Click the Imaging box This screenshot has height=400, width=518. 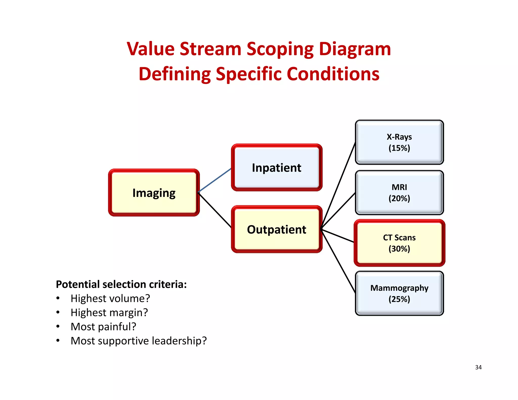pyautogui.click(x=154, y=193)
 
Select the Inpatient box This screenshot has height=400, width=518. pyautogui.click(x=276, y=168)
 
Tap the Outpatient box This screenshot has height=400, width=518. pyautogui.click(x=276, y=229)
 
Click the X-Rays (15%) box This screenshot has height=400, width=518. pyautogui.click(x=399, y=142)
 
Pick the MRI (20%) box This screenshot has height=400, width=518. pyautogui.click(x=399, y=193)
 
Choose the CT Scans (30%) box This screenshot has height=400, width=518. pyautogui.click(x=399, y=243)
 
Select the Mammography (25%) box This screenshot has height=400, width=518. pyautogui.click(x=399, y=293)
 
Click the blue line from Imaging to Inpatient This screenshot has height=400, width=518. pyautogui.click(x=215, y=180)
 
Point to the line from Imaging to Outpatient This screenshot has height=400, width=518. pyautogui.click(x=215, y=210)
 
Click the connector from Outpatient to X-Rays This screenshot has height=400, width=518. pyautogui.click(x=338, y=186)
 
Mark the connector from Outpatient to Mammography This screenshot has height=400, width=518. pyautogui.click(x=338, y=260)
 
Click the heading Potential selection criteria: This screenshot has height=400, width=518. pyautogui.click(x=121, y=284)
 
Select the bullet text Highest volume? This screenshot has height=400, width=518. pyautogui.click(x=110, y=299)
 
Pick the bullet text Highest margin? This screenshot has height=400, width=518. pyautogui.click(x=109, y=313)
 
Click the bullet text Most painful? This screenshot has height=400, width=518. pyautogui.click(x=103, y=327)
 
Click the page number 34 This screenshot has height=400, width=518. pyautogui.click(x=478, y=367)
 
